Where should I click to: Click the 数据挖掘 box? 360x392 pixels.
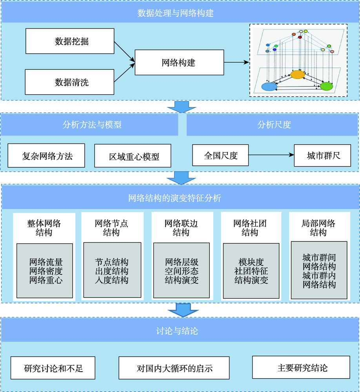coord(70,41)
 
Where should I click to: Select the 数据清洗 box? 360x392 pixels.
coord(70,82)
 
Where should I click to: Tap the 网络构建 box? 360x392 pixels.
coord(179,62)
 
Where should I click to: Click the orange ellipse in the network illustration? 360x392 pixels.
coord(298,74)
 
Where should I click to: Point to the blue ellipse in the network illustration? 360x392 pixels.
coord(269,87)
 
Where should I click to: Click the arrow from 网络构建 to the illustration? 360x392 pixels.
coord(236,62)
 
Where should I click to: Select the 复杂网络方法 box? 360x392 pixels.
coord(46,156)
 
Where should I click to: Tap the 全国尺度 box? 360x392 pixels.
coord(220,155)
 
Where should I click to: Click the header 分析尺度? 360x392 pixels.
coord(274,125)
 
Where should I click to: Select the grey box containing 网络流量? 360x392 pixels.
coord(45,271)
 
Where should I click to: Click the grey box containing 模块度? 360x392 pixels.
coord(251,271)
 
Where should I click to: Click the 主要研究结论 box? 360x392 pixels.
coord(301,368)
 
